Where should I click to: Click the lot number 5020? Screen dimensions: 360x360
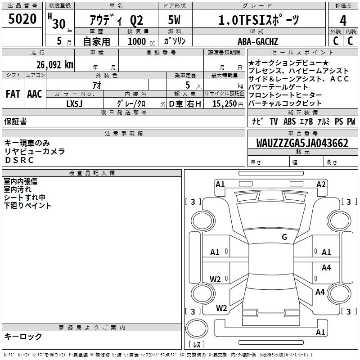22,20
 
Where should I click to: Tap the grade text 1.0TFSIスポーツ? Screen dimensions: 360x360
258,20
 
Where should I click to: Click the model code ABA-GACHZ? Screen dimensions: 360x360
258,41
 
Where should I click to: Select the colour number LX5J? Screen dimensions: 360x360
75,103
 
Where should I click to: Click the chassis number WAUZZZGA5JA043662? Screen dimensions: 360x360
302,143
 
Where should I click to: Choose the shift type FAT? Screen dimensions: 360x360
13,94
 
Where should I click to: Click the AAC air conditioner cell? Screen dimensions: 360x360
35,94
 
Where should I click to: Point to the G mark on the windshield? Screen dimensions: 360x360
284,237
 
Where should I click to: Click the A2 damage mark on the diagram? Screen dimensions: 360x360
320,184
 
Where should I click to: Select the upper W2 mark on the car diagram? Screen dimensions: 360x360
215,279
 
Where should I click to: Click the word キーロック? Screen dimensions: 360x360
23,336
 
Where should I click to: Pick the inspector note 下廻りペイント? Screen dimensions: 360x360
27,206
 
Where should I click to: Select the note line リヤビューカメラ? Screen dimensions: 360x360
35,151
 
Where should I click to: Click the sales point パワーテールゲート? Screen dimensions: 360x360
278,87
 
